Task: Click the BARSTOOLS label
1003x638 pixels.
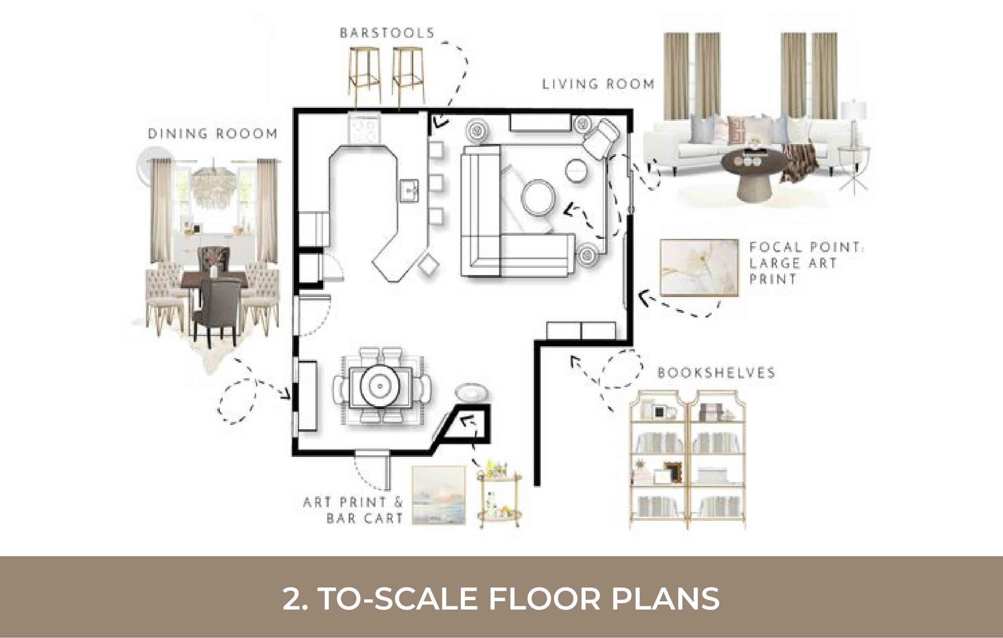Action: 387,33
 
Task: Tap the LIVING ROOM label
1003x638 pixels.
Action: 598,84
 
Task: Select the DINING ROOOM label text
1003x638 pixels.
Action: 213,134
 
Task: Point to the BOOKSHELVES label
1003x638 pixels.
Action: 716,372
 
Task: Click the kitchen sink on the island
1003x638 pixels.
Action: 409,190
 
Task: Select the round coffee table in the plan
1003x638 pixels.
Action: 538,198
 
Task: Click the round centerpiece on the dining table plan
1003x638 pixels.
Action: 380,386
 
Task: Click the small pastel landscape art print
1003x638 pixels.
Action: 439,495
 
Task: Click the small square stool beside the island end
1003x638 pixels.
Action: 429,264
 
